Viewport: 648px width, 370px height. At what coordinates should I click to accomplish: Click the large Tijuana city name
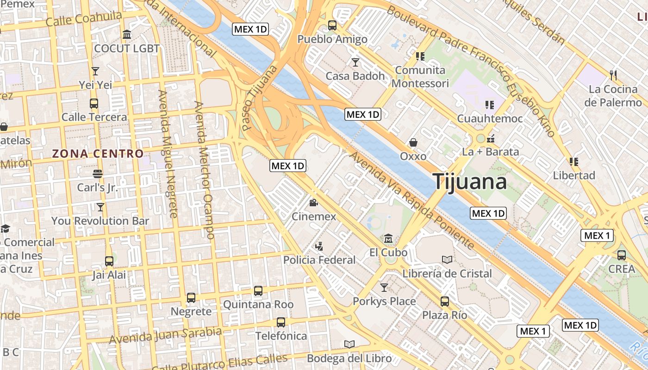[470, 181]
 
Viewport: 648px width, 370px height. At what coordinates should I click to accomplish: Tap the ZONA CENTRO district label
[98, 154]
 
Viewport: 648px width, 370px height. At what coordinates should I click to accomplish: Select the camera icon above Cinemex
[314, 203]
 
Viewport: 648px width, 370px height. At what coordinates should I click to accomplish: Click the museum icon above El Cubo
[388, 239]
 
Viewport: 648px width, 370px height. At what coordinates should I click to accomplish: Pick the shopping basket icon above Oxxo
[413, 142]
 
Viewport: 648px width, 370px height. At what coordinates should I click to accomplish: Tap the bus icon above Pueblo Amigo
[332, 25]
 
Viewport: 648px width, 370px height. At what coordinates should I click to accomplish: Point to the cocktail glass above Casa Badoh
[355, 62]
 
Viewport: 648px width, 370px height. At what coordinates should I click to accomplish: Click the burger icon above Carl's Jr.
[98, 174]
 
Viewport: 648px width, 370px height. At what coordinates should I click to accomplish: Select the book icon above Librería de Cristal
[447, 259]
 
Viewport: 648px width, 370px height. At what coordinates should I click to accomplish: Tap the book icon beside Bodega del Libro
[349, 344]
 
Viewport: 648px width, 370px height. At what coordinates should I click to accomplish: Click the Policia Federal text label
[319, 260]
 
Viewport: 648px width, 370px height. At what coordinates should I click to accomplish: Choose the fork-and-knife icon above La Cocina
[613, 74]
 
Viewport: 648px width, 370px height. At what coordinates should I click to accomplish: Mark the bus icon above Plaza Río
[444, 302]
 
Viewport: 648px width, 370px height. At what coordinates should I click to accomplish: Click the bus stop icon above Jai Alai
[109, 261]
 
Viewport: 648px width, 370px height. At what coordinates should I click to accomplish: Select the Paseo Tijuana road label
[259, 98]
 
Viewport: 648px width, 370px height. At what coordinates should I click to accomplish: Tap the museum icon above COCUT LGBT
[126, 35]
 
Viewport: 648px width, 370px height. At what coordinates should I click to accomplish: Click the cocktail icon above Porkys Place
[384, 288]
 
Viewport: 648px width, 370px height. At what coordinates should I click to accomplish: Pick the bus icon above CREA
[622, 255]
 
